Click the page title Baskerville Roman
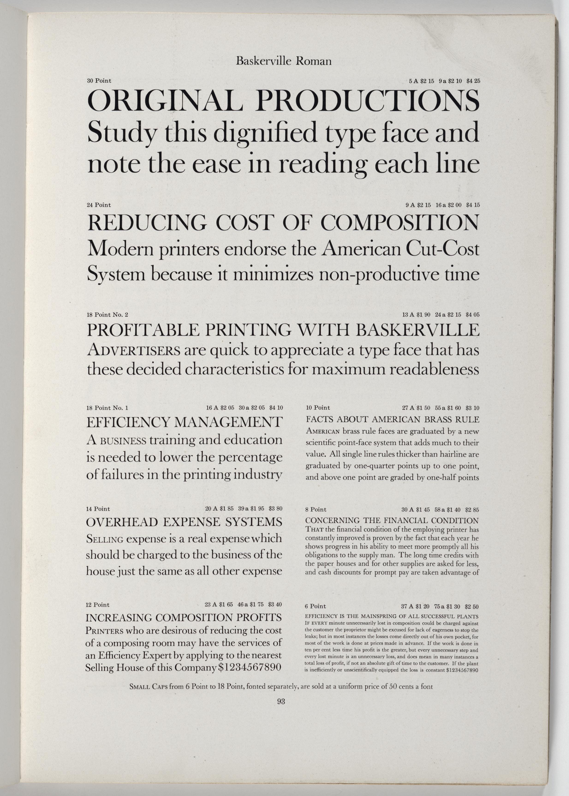[283, 62]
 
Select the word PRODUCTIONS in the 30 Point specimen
[368, 101]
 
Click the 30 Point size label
[99, 81]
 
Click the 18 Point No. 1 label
[107, 408]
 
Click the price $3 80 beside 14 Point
[275, 509]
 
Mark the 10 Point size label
[318, 408]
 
